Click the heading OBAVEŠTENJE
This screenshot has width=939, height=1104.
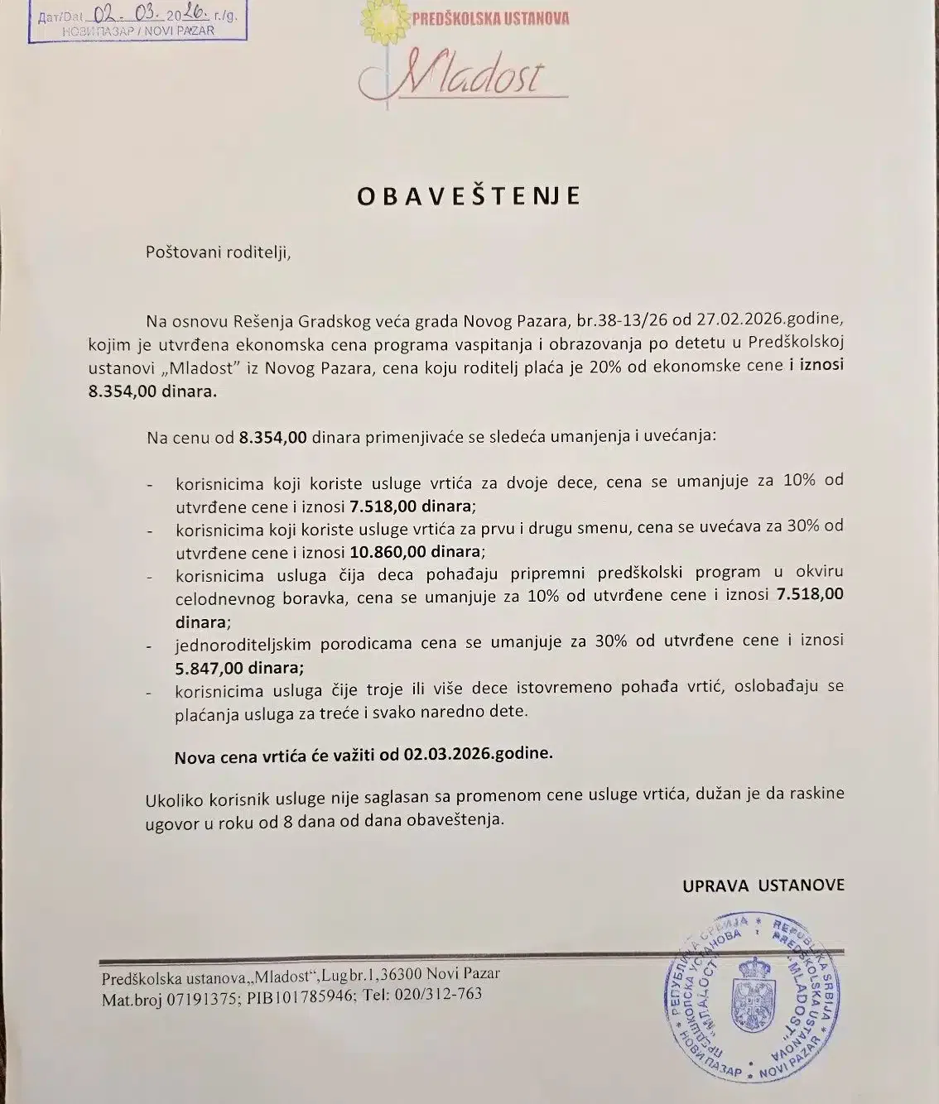469,195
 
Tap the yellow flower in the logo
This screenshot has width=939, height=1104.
383,17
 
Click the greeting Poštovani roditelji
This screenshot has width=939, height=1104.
219,252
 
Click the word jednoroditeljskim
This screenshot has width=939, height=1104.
234,641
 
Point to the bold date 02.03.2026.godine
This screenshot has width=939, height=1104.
479,754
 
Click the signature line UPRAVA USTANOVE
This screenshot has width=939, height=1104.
763,886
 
